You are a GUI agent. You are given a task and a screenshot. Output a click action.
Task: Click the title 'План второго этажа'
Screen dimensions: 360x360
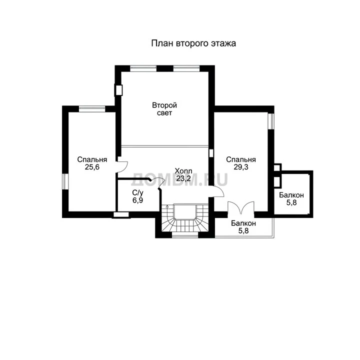click(x=193, y=43)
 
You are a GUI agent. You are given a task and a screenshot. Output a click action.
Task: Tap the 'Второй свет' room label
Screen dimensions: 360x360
click(x=164, y=109)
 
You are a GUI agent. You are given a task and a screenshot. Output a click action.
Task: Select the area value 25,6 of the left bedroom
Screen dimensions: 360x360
click(x=92, y=167)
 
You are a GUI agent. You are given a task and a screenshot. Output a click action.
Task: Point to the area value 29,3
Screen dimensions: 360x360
click(x=241, y=167)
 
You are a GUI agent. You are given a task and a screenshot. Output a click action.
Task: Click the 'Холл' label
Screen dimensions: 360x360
click(x=183, y=171)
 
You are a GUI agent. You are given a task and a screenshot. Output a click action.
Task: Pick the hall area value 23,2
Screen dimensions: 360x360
click(x=183, y=178)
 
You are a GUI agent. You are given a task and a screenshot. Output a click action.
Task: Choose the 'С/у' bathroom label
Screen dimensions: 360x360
click(x=138, y=193)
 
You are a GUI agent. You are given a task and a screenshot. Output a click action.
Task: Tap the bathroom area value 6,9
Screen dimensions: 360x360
click(x=138, y=200)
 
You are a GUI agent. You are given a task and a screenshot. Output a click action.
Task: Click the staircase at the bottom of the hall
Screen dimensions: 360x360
click(x=185, y=218)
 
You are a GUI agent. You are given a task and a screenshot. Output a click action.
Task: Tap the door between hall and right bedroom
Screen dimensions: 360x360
click(x=218, y=191)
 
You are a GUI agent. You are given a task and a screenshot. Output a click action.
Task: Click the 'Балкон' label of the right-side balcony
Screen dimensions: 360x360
click(x=291, y=195)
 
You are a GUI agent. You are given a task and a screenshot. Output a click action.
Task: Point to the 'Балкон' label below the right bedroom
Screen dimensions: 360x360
click(x=243, y=223)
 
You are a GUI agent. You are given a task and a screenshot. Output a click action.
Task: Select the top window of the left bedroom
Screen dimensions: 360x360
click(x=92, y=109)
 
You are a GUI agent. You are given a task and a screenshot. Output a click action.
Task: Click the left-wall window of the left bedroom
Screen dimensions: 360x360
click(x=65, y=181)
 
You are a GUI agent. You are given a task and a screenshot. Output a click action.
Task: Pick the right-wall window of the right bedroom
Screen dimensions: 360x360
click(x=271, y=121)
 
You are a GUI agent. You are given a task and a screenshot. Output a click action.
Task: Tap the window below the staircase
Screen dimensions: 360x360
click(x=185, y=235)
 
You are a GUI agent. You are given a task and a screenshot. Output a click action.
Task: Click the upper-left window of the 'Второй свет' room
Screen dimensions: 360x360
click(x=143, y=68)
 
